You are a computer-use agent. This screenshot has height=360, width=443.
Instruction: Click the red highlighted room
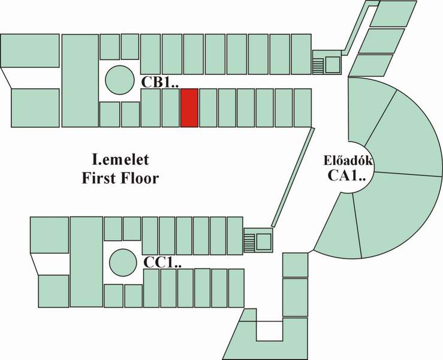tap(189, 108)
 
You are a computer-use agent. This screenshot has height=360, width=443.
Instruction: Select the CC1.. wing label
tap(162, 262)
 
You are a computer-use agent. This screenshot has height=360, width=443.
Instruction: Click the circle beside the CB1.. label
tap(119, 79)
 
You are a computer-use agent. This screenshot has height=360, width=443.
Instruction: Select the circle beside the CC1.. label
tap(123, 262)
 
